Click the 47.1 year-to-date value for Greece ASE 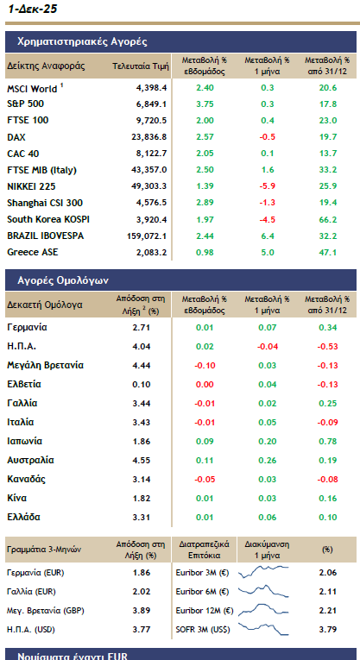click(327, 252)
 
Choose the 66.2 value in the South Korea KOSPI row click(327, 219)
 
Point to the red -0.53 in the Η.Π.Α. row click(325, 346)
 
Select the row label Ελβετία click(25, 383)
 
